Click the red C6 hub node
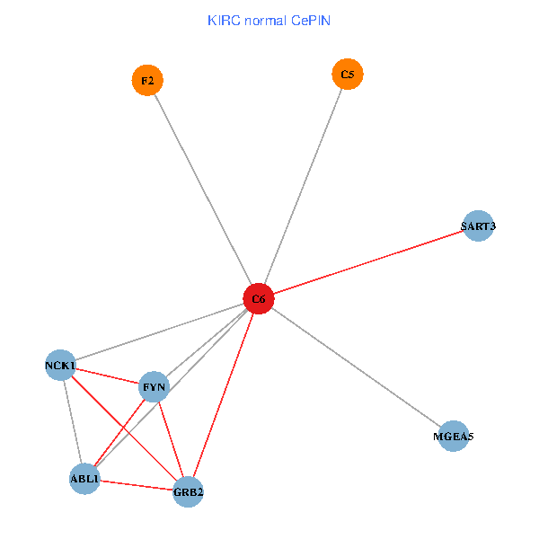pos(258,298)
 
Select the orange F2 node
pos(147,81)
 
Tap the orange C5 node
pos(348,74)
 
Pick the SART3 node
pos(478,226)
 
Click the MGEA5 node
pos(454,437)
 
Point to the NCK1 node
pos(60,365)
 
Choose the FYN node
pos(155,387)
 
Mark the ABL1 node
pos(84,479)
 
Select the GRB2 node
pos(188,491)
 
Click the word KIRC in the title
pos(224,20)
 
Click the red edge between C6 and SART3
pos(368,262)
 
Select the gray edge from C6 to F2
pos(203,190)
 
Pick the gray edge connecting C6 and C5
pos(303,186)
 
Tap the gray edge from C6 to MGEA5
pos(356,367)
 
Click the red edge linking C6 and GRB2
pos(223,395)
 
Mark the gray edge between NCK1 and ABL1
pos(72,422)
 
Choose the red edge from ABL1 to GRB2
pos(136,485)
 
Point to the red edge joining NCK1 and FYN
pos(108,376)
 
